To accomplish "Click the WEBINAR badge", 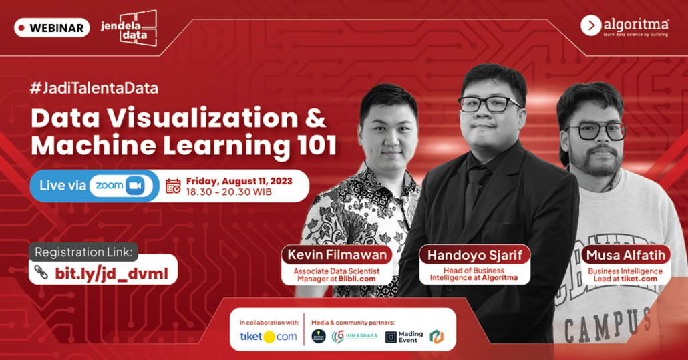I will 52,28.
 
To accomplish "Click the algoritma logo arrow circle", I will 591,25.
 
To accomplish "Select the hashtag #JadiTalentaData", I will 94,87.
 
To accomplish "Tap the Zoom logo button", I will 120,186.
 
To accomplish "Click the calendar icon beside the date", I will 173,186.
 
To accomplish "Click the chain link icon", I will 41,273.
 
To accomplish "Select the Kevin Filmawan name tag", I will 336,254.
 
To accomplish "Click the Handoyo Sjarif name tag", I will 474,254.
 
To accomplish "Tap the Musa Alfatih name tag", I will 624,254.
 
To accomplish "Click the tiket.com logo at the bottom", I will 269,336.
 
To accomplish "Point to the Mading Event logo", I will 405,337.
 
